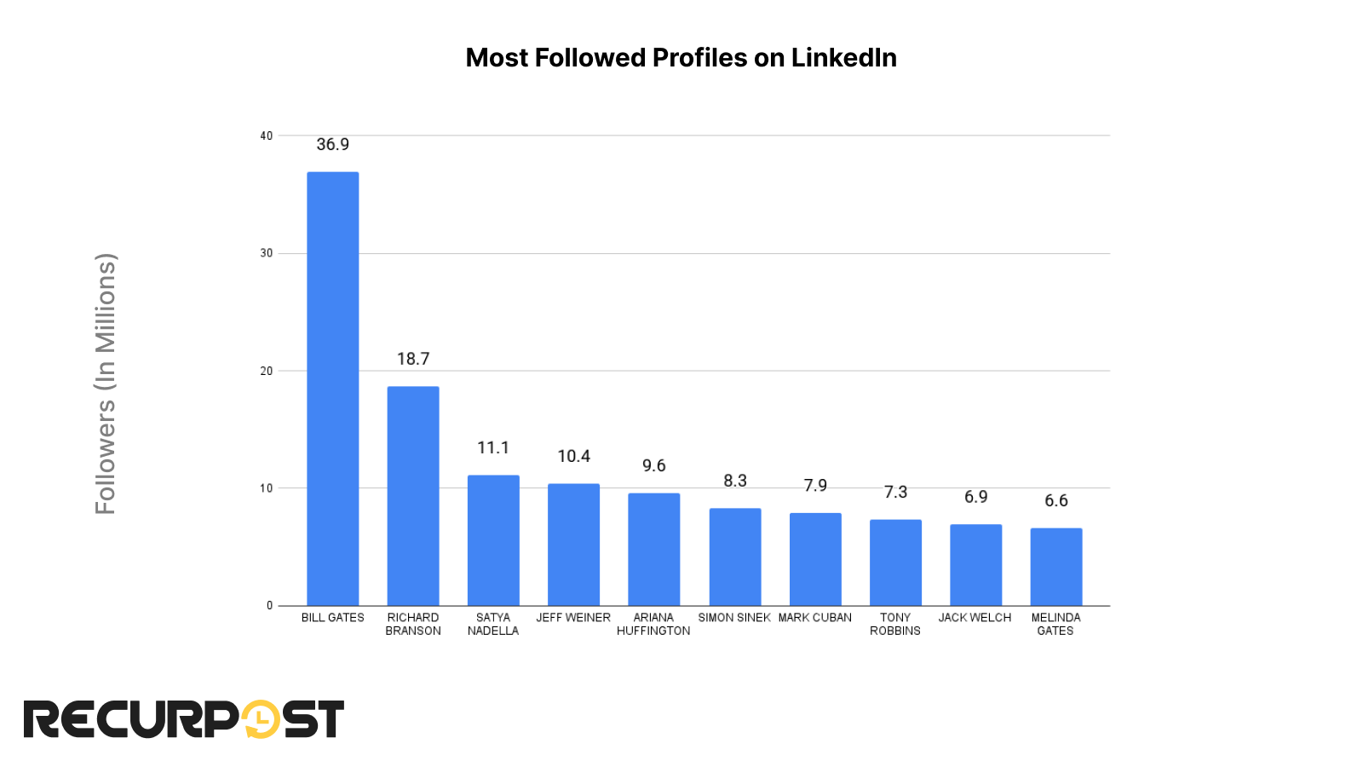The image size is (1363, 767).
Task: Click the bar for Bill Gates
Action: [332, 389]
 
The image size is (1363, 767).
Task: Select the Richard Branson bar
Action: [413, 496]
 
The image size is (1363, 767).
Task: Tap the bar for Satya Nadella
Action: [493, 540]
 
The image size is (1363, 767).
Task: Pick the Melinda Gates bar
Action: [1055, 567]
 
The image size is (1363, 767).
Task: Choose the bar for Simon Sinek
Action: [735, 557]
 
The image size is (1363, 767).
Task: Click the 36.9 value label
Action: [332, 145]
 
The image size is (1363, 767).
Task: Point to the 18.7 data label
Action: [413, 360]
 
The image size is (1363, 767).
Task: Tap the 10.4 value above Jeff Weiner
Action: [573, 457]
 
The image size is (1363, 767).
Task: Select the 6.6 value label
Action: [1055, 501]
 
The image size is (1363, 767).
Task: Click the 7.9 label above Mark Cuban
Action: [815, 486]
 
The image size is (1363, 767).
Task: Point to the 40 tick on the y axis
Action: [267, 136]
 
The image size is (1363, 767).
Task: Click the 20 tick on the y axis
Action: [267, 372]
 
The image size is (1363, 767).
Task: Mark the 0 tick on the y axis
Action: [269, 606]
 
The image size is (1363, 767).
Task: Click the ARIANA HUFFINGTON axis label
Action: [653, 625]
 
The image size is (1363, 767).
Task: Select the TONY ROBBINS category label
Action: [895, 625]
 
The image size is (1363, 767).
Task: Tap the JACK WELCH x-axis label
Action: [975, 618]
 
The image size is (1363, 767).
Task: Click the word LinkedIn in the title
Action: [843, 58]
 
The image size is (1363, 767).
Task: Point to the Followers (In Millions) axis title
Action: [105, 383]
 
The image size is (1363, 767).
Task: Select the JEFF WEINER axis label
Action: [573, 618]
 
